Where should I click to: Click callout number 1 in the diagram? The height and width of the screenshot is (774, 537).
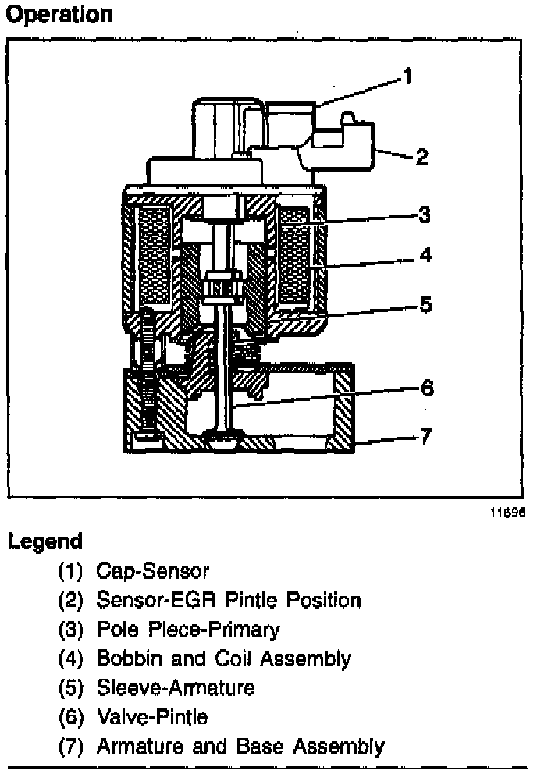click(407, 76)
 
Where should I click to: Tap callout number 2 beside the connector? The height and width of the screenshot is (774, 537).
click(421, 158)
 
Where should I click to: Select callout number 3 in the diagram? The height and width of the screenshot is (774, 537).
click(424, 214)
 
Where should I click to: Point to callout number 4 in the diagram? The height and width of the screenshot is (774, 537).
click(425, 255)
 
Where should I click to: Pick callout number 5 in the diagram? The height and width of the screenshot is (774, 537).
click(425, 304)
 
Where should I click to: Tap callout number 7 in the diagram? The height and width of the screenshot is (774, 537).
click(425, 435)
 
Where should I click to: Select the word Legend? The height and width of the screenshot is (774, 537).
click(45, 541)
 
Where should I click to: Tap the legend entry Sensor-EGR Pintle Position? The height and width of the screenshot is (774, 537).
click(228, 600)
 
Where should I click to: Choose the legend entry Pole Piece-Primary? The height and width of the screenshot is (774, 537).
click(187, 629)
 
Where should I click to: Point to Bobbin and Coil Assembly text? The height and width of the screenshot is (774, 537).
click(223, 659)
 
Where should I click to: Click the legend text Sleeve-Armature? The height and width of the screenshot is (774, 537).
click(175, 687)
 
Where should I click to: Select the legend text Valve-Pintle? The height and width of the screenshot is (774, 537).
click(151, 716)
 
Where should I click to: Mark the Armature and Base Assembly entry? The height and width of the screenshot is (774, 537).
click(240, 746)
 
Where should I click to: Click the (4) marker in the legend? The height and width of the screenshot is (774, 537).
click(71, 659)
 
